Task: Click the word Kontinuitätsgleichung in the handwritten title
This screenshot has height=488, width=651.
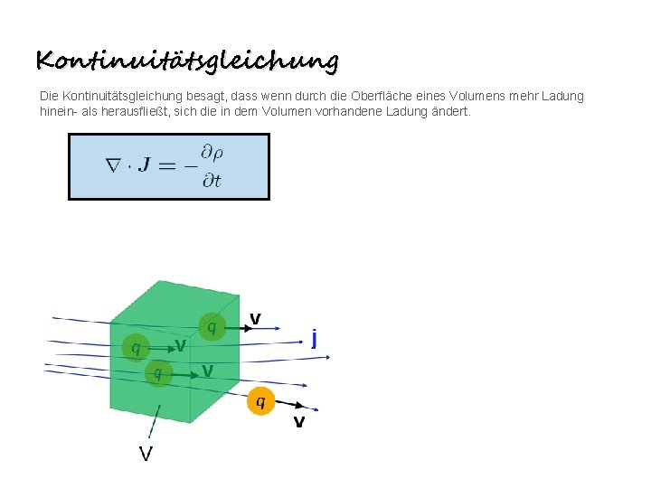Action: (x=187, y=61)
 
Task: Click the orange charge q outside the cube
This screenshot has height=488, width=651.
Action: (x=260, y=400)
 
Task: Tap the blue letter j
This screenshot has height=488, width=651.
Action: (x=314, y=338)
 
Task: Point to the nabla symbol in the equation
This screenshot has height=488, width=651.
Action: (x=113, y=166)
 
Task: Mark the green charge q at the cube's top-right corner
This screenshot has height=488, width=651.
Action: (x=212, y=326)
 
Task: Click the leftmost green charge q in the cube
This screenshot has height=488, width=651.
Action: (x=136, y=346)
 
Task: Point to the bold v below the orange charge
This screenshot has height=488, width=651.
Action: (x=298, y=422)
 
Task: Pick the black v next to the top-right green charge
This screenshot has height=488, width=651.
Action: (x=256, y=318)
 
